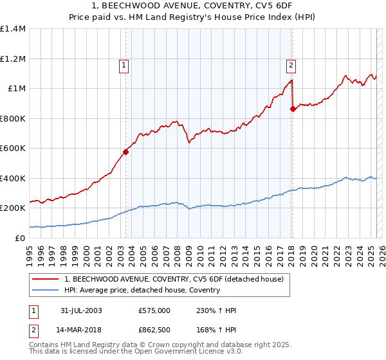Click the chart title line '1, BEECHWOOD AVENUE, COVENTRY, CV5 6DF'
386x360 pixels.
click(193, 7)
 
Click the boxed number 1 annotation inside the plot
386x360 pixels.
click(122, 64)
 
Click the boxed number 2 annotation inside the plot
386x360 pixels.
click(291, 64)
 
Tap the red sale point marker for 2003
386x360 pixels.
click(126, 152)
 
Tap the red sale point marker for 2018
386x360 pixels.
click(293, 109)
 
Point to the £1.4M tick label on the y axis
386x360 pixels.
click(13, 29)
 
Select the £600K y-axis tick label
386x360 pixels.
click(13, 148)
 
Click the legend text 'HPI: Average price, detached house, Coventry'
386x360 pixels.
click(142, 290)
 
